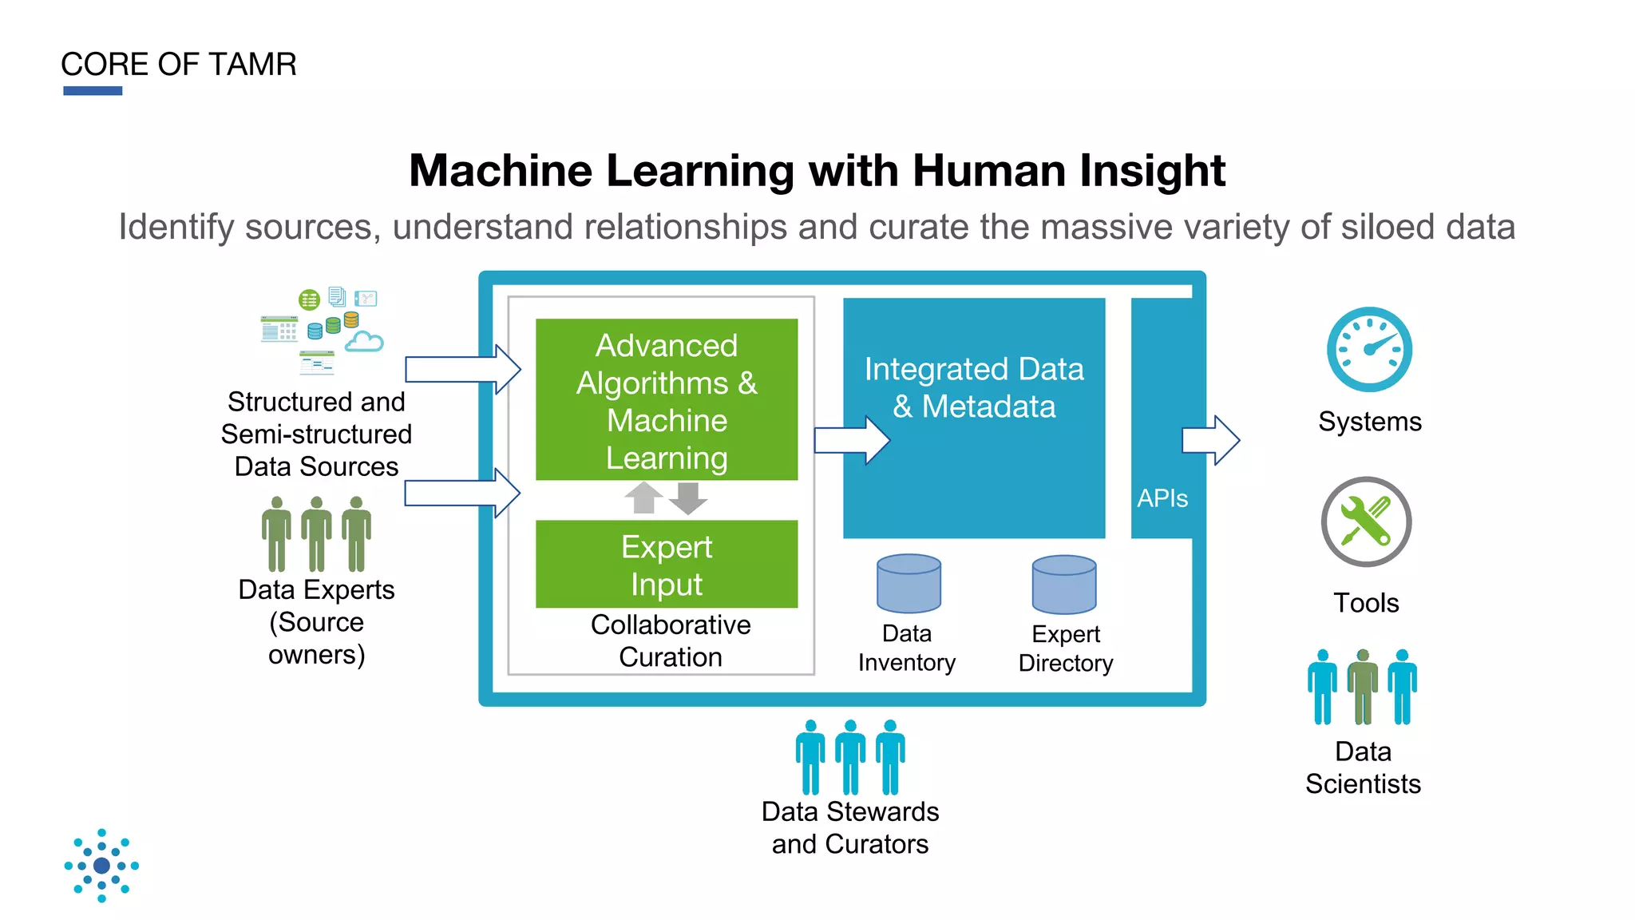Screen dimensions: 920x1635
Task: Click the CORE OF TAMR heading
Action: [x=178, y=64]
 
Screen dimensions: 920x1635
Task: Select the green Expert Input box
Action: [x=666, y=564]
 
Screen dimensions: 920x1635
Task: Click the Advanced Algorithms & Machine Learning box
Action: [x=666, y=400]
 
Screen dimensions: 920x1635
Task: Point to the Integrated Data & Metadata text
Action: [x=973, y=388]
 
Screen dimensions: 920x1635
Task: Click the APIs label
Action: [x=1162, y=498]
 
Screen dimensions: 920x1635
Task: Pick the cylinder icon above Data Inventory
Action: [x=908, y=584]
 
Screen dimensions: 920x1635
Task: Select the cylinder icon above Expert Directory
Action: [x=1063, y=585]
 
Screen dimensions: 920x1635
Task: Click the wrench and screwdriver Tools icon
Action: [x=1365, y=521]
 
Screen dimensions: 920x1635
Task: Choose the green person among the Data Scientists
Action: [x=1362, y=686]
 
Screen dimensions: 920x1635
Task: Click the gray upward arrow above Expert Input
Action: [x=643, y=498]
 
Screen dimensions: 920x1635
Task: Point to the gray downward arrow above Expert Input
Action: [x=687, y=498]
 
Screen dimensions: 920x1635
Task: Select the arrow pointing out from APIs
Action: [x=1210, y=439]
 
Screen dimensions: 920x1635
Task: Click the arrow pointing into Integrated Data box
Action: [x=852, y=440]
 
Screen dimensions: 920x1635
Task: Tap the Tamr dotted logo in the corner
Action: [x=101, y=865]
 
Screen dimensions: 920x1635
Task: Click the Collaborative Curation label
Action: [x=670, y=640]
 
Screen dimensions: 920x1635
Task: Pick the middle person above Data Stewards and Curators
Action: [x=849, y=756]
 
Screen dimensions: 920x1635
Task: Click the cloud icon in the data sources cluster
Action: [x=364, y=342]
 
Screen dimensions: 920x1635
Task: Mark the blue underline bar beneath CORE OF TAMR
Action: [x=93, y=91]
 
